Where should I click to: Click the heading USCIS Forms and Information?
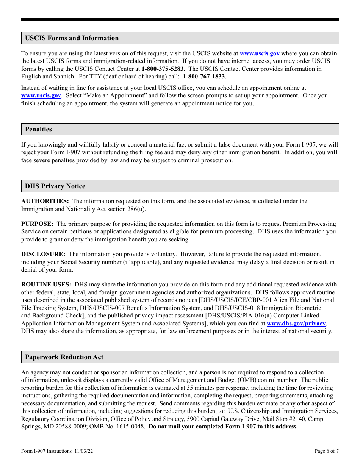click(72, 38)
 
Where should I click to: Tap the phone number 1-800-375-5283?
click(162, 69)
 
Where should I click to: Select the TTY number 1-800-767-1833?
click(204, 77)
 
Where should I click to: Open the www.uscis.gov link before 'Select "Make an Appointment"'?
click(41, 95)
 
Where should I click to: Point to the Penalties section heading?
click(38, 129)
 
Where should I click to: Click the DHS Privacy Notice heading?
click(55, 186)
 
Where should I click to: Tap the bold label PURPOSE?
click(37, 224)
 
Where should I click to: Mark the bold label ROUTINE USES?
click(46, 285)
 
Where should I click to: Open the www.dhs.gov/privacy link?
click(296, 324)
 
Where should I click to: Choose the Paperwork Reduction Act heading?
click(64, 357)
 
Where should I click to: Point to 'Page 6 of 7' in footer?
click(327, 451)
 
